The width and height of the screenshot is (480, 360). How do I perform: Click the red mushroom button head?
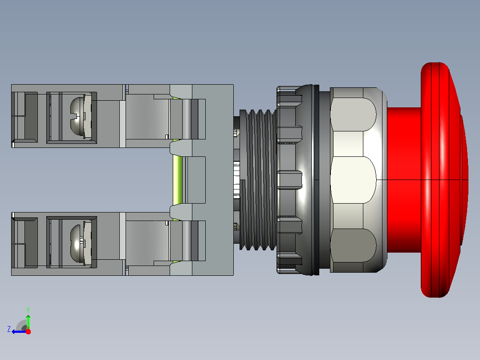click(x=444, y=180)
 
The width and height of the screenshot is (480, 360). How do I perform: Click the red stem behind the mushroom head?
click(x=404, y=180)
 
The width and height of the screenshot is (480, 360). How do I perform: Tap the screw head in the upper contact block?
click(x=77, y=116)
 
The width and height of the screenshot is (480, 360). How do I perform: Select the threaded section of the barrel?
click(x=258, y=180)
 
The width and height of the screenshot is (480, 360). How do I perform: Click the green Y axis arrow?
click(x=28, y=322)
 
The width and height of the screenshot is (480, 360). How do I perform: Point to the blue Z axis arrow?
click(x=19, y=331)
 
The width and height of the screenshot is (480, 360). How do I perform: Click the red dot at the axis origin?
click(x=28, y=331)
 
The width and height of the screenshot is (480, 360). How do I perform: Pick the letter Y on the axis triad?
click(x=28, y=310)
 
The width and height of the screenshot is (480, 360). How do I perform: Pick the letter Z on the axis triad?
click(x=9, y=329)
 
